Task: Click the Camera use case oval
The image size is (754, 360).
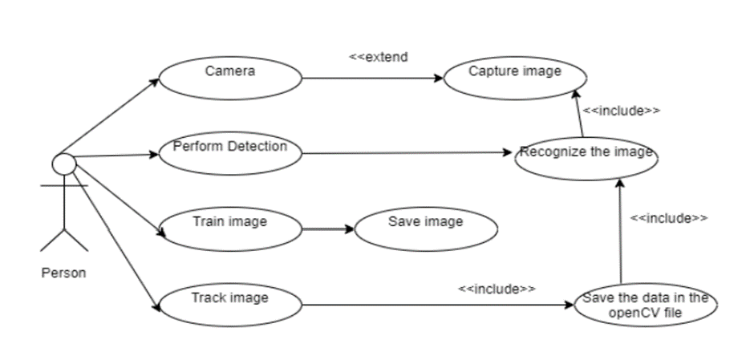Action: point(230,78)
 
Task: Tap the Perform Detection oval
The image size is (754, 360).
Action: point(230,152)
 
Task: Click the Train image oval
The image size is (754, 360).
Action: point(230,228)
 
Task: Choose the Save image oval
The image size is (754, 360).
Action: point(425,228)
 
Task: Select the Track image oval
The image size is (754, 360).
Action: point(230,304)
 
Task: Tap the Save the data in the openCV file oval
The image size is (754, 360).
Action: point(646,305)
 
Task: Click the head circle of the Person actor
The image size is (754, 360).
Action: point(64,164)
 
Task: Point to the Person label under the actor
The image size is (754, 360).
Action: point(63,273)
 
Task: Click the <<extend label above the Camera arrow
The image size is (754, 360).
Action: point(378,57)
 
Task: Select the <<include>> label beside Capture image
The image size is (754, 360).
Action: point(621,111)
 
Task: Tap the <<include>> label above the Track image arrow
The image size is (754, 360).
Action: point(497,288)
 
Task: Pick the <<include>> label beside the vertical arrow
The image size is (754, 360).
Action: point(668,217)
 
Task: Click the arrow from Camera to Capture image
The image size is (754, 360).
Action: point(372,79)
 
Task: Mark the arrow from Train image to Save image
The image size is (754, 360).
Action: point(328,229)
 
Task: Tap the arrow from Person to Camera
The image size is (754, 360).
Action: point(110,115)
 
